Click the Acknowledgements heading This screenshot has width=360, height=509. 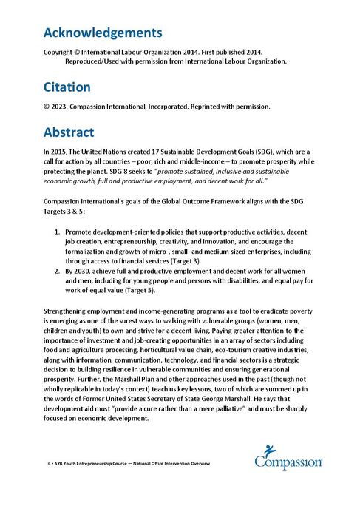pos(103,33)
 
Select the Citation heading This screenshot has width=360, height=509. pos(72,87)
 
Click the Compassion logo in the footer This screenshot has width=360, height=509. pos(288,457)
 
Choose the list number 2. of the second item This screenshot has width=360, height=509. pos(60,270)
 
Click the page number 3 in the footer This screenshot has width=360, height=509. pos(48,462)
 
